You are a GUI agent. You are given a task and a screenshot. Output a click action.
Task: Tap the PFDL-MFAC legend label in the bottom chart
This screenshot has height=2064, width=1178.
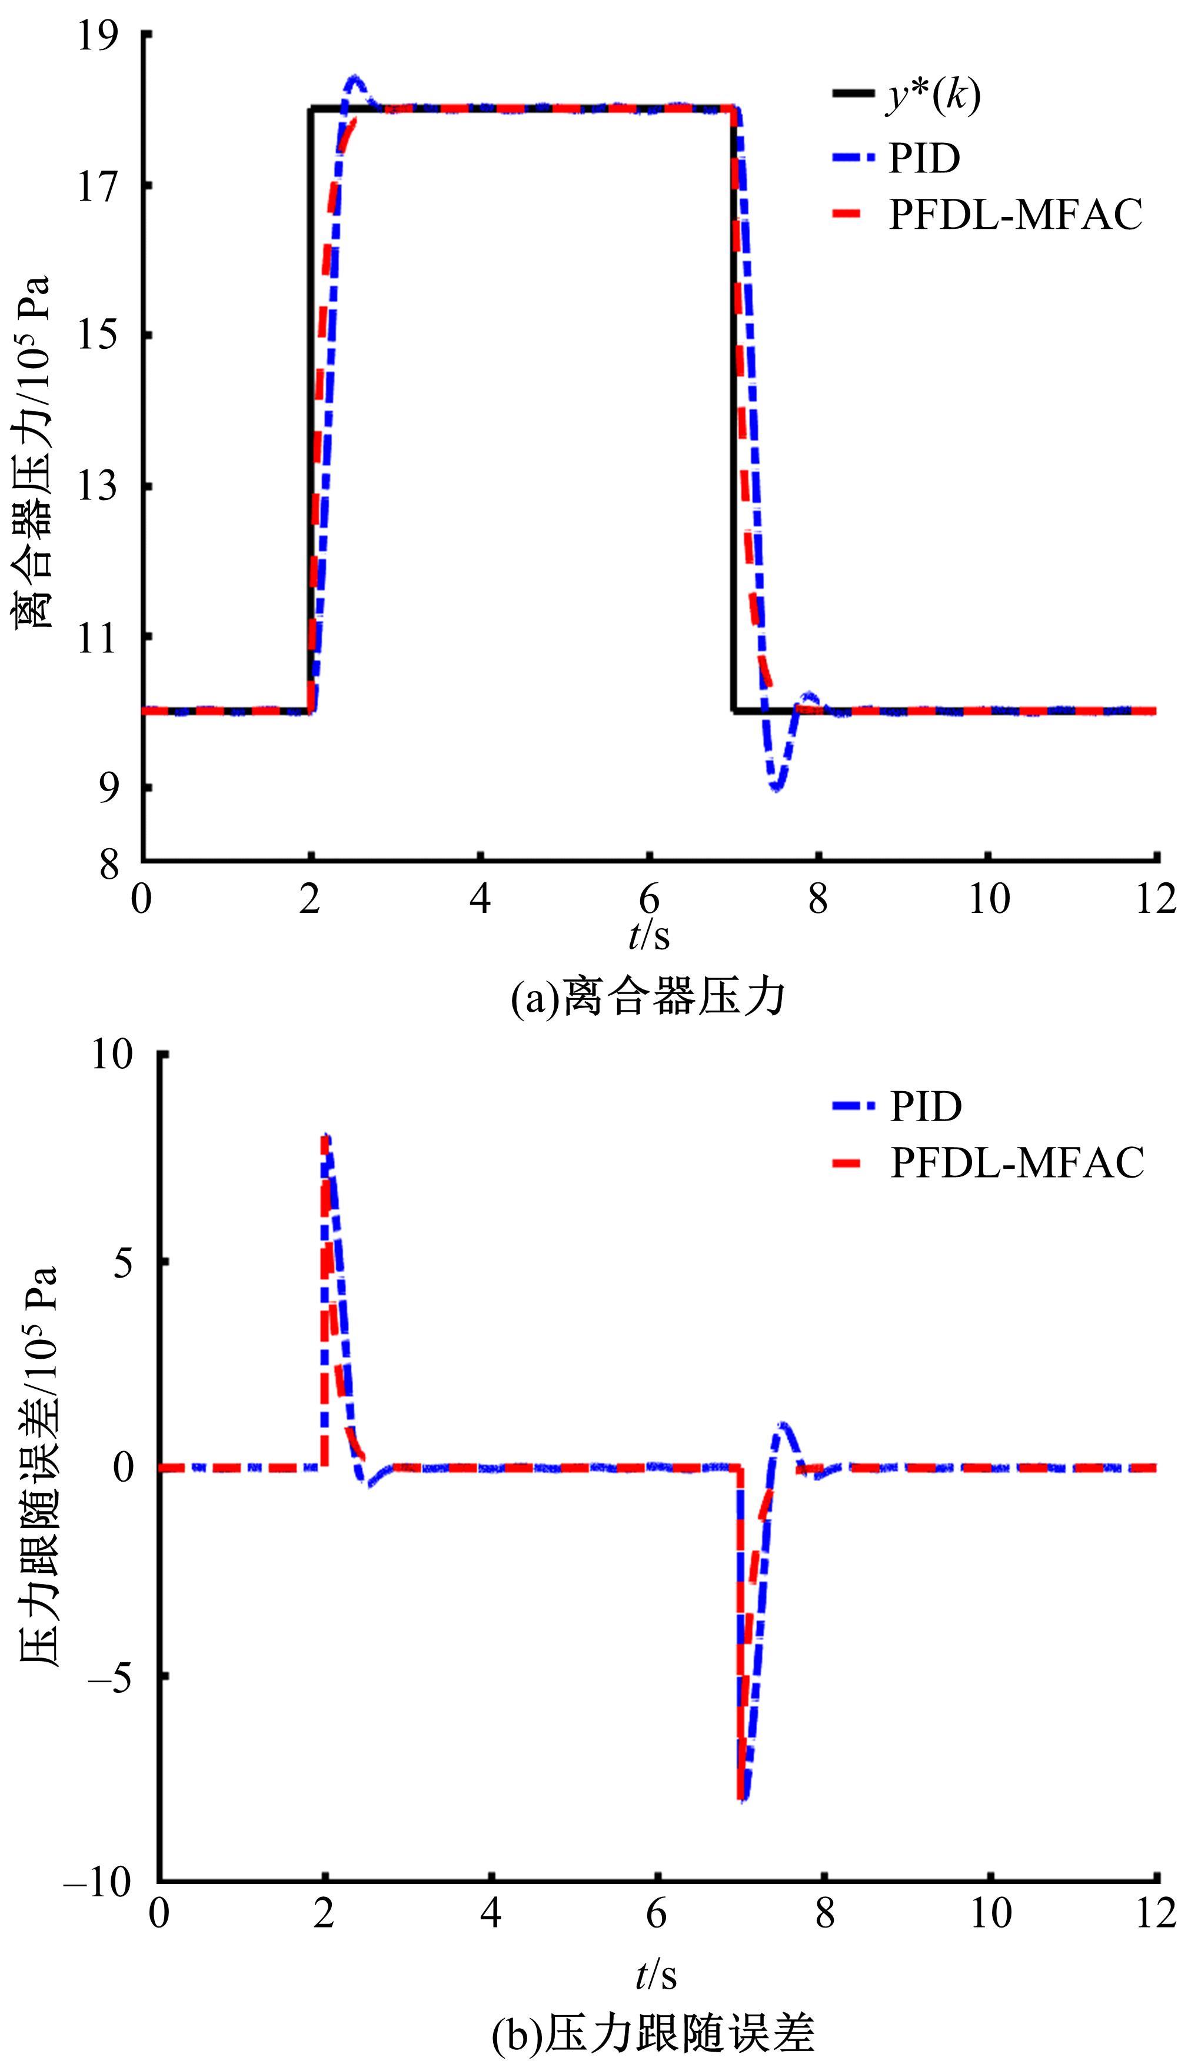1017,1162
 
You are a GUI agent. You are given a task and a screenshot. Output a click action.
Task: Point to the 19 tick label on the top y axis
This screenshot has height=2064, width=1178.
98,36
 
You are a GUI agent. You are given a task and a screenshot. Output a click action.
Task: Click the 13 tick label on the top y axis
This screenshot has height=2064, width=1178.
98,487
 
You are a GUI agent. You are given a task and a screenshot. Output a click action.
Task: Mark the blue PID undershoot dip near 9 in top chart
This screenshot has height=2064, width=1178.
777,786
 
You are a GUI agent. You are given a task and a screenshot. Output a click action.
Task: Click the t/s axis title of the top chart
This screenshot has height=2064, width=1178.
649,936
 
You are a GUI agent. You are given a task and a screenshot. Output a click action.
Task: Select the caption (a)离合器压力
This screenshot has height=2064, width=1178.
648,997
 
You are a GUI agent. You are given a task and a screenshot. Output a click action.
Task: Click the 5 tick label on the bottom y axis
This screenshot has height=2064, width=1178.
123,1262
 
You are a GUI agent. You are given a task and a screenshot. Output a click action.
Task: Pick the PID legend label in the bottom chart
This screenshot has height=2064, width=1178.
926,1106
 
